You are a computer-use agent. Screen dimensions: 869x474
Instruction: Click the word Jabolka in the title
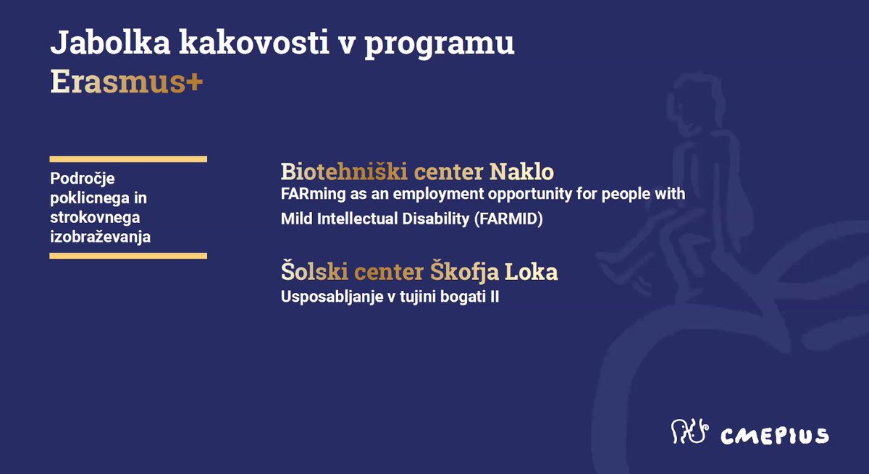111,42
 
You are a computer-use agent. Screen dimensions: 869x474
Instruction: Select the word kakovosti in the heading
254,42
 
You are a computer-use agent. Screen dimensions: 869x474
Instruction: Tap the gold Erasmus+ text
127,82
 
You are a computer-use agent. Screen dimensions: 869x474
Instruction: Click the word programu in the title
440,45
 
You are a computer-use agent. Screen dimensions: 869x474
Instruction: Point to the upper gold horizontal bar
128,159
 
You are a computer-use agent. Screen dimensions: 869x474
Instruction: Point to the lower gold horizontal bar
128,255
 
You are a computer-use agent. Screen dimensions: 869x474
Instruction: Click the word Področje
83,179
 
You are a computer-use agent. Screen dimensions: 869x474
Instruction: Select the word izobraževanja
100,237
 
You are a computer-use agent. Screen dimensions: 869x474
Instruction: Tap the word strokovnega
95,217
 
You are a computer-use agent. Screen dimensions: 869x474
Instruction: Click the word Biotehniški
344,172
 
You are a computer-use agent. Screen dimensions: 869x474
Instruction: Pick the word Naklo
522,172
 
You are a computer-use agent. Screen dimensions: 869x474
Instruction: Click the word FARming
313,194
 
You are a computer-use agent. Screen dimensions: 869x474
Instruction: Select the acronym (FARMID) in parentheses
508,219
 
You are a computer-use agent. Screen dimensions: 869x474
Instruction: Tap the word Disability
436,219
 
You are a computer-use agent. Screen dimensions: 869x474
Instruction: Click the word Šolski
314,271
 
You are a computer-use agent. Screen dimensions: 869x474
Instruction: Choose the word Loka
531,271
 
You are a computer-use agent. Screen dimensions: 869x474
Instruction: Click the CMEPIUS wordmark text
775,436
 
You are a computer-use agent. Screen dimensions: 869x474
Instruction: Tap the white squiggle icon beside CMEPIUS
689,431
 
